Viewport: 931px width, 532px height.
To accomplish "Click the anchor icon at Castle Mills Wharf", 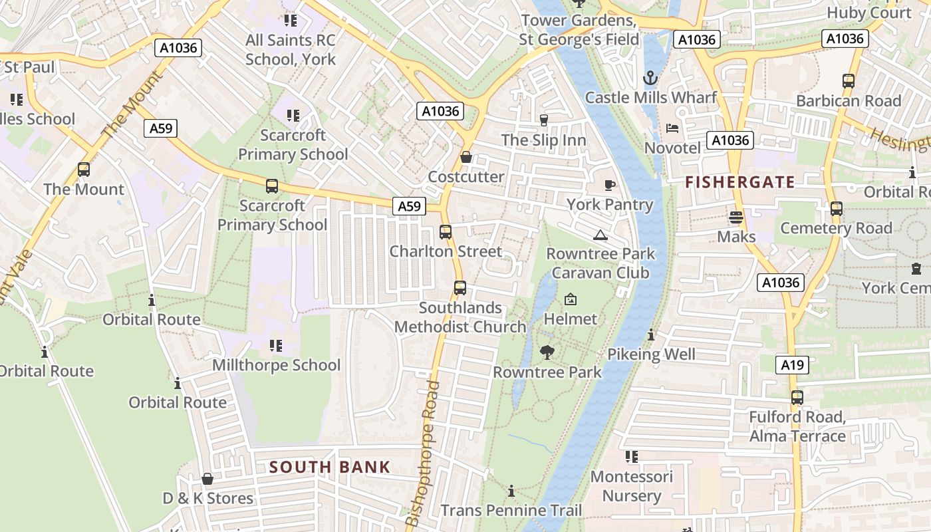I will point(650,78).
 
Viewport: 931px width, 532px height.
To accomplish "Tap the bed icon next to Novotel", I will point(672,128).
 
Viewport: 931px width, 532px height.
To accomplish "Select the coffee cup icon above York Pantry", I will point(609,185).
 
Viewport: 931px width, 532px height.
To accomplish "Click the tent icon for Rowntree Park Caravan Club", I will point(600,235).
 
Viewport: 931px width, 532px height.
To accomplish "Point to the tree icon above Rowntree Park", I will point(547,352).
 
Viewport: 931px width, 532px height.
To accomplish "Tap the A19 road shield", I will point(792,364).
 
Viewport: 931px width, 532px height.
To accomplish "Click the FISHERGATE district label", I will point(740,182).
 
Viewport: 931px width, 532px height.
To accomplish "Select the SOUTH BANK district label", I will point(330,467).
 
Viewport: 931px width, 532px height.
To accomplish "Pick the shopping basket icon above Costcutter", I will point(466,158).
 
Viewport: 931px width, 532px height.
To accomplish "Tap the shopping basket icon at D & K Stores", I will point(207,479).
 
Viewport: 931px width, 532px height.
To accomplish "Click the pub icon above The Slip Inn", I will point(543,120).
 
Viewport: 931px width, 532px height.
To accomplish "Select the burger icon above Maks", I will point(735,217).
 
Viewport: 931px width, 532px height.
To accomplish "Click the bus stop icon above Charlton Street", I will point(446,232).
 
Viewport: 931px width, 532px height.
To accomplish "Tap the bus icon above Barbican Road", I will point(849,81).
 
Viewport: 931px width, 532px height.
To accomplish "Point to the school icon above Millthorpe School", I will point(276,345).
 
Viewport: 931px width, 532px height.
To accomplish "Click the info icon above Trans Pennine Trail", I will point(511,491).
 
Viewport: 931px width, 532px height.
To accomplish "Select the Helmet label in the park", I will point(571,319).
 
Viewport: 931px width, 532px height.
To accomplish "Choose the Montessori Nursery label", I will point(632,486).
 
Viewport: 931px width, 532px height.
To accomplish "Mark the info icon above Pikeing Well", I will point(651,335).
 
